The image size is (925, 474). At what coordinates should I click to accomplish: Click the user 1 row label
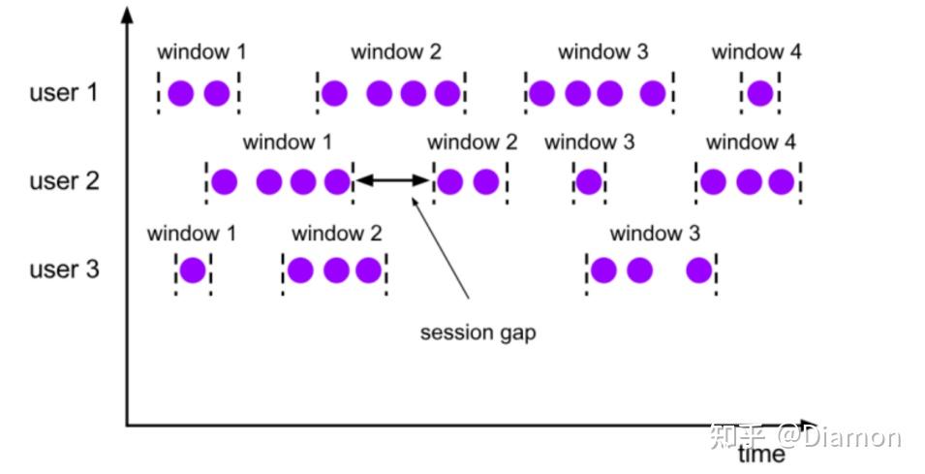[x=65, y=93]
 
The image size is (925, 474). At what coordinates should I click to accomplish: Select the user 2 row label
[x=65, y=181]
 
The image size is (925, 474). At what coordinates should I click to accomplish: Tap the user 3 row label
[x=65, y=269]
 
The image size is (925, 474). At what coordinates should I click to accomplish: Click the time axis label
[x=761, y=454]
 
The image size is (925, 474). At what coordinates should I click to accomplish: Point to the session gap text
[x=478, y=332]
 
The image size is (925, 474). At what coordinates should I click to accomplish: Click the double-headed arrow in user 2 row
[x=392, y=180]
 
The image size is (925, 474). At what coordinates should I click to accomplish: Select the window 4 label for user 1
[x=755, y=52]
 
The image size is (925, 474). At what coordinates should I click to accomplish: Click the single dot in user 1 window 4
[x=760, y=93]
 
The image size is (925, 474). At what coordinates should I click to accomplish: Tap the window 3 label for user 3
[x=655, y=234]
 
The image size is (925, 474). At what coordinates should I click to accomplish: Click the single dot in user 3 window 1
[x=193, y=269]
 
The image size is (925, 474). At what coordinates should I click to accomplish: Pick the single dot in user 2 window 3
[x=588, y=181]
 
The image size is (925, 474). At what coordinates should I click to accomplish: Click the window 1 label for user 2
[x=288, y=142]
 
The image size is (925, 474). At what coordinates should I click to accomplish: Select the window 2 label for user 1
[x=395, y=52]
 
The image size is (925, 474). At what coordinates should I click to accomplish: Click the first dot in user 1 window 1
[x=181, y=93]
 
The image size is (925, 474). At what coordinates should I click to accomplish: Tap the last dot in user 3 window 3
[x=699, y=269]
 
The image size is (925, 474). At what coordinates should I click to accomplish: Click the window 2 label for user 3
[x=336, y=234]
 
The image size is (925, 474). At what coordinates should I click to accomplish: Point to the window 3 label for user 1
[x=603, y=52]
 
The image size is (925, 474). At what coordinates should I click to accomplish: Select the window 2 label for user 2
[x=472, y=142]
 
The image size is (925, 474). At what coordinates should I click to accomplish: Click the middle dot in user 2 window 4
[x=749, y=181]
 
